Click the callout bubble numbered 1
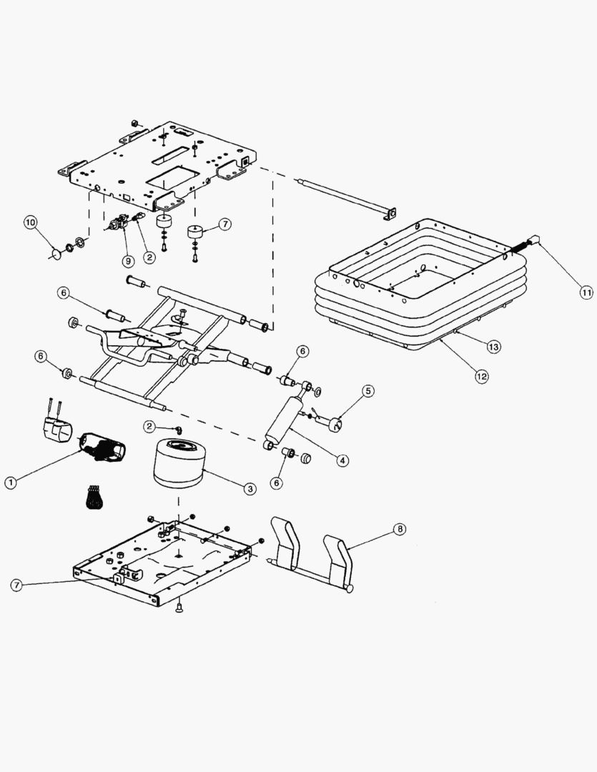[11, 482]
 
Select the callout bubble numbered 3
[250, 489]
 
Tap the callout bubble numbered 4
[343, 460]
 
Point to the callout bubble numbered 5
[367, 390]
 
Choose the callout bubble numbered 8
[398, 530]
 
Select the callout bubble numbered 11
[586, 291]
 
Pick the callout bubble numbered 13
[493, 346]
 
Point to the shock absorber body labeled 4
[284, 422]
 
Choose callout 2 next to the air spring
[149, 427]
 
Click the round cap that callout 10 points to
[54, 252]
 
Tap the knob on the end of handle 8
[348, 588]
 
